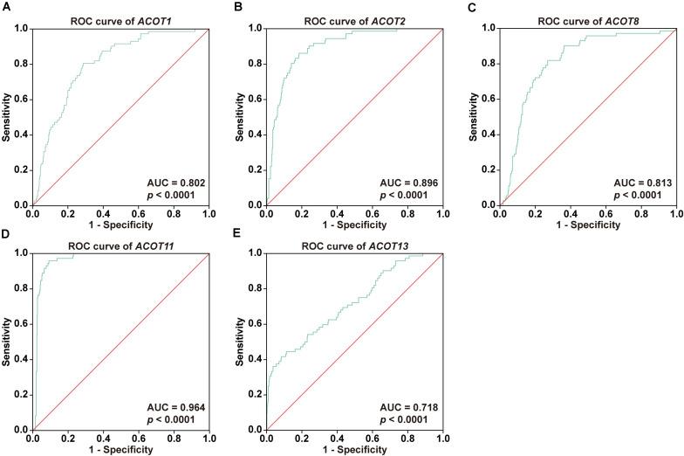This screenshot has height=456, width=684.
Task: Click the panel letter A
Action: pyautogui.click(x=5, y=6)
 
